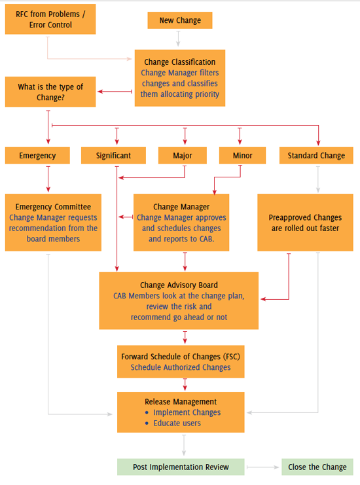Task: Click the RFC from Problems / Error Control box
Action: tap(50, 19)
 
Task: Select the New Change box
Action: tap(180, 21)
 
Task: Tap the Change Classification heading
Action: tap(180, 62)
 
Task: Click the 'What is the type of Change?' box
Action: tap(50, 92)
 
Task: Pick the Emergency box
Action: tap(37, 156)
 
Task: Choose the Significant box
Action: tap(113, 156)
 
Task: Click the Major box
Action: tap(183, 156)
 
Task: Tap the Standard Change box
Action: tap(316, 156)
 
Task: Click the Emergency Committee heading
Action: tap(54, 207)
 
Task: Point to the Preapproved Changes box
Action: tap(305, 223)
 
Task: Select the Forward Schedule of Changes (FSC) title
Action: tap(180, 357)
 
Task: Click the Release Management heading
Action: tap(181, 402)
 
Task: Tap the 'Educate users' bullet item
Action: tap(177, 423)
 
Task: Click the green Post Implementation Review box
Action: tap(181, 467)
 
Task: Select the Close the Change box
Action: tap(317, 467)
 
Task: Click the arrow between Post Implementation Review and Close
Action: tap(262, 467)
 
